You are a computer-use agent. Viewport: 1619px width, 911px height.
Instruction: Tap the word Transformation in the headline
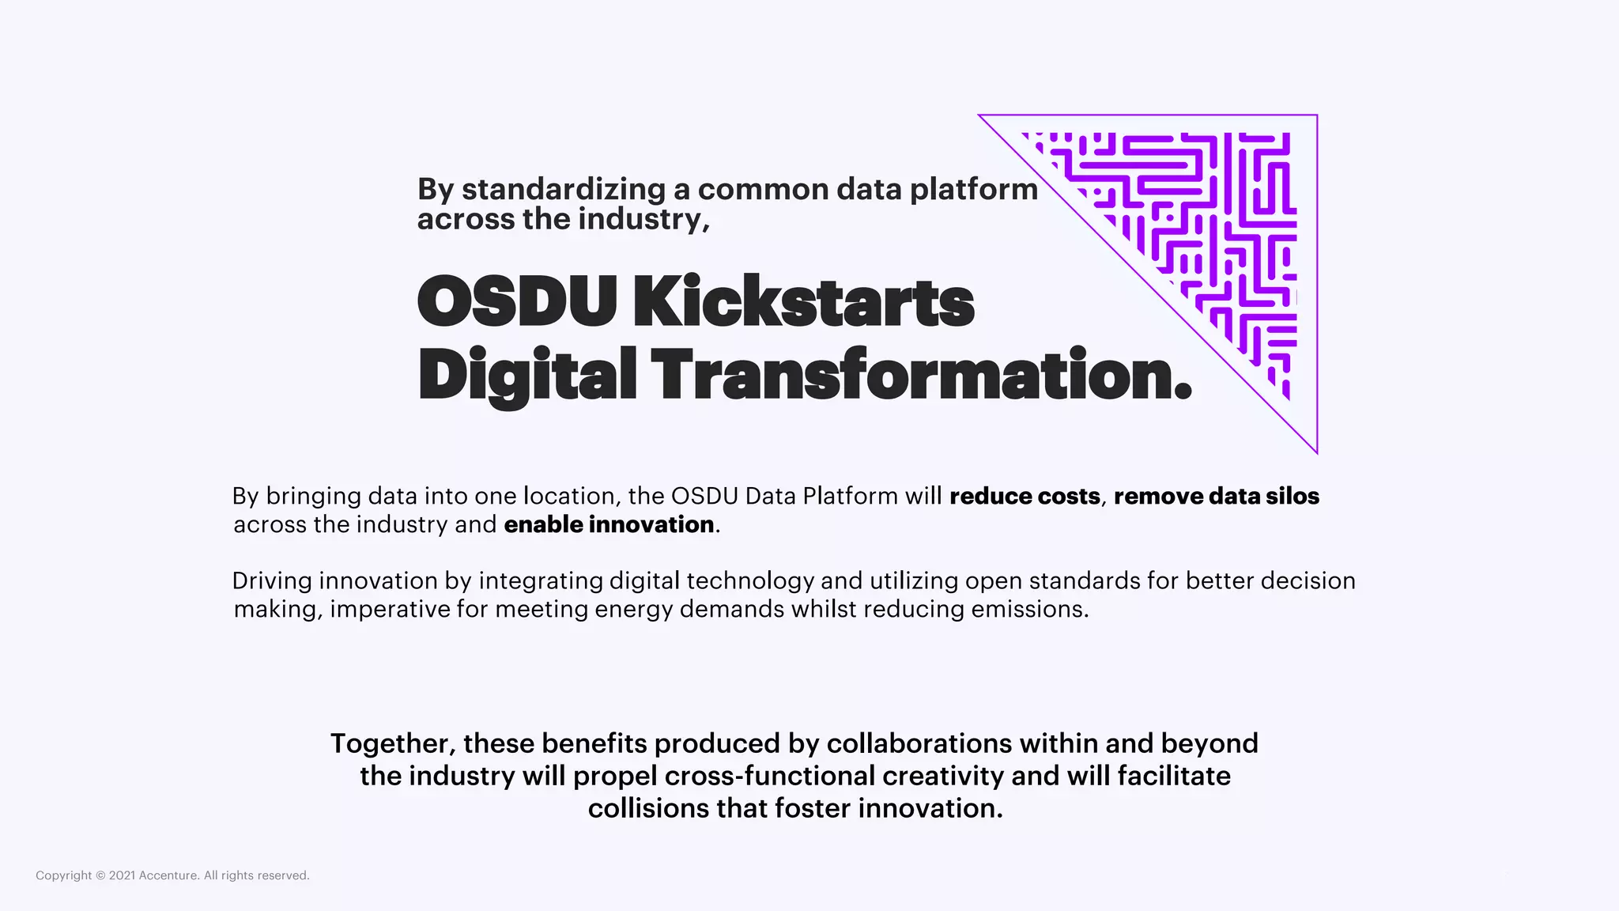click(921, 375)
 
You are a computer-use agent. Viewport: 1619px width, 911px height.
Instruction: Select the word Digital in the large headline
click(527, 375)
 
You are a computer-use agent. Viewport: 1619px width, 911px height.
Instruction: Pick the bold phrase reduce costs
click(1025, 497)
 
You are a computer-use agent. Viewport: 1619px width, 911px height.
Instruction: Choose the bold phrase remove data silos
click(1217, 497)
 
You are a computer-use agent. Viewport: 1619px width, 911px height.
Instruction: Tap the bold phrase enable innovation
click(609, 525)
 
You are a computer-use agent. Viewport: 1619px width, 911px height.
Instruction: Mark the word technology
click(750, 581)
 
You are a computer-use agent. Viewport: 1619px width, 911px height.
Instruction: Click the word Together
click(393, 744)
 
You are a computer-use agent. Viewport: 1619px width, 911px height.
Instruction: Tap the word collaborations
click(919, 744)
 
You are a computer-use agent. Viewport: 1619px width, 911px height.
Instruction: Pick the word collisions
click(648, 809)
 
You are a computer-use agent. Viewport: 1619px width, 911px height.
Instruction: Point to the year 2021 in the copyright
click(122, 875)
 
